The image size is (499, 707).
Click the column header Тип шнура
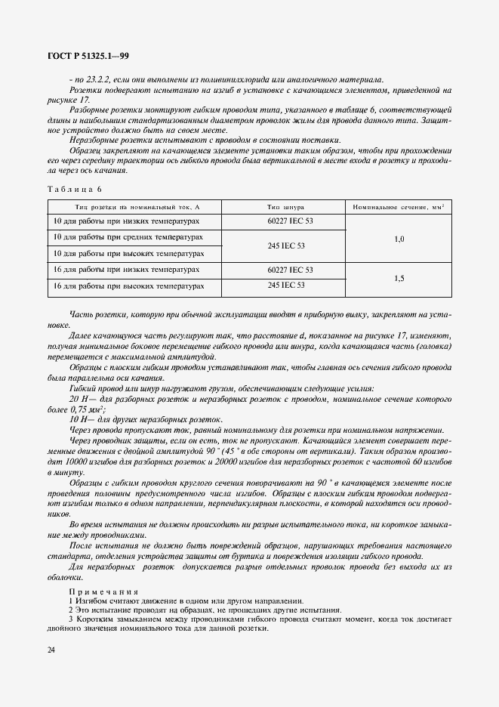[286, 206]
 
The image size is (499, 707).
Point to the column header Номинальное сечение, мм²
[399, 206]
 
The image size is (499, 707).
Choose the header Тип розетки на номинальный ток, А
[137, 206]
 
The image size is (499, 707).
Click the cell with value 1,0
[399, 239]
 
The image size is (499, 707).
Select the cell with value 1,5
[399, 278]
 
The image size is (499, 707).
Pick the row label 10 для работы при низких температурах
[126, 221]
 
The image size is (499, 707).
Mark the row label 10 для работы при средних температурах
[127, 237]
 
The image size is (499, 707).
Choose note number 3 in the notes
[71, 619]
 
